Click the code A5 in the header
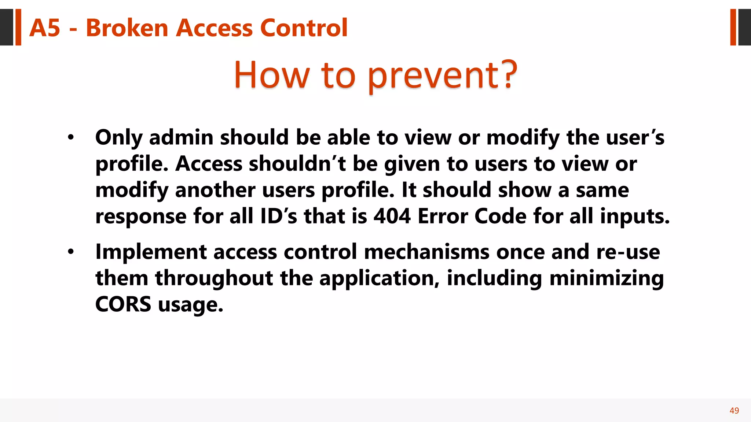tap(44, 28)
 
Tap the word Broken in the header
tap(127, 28)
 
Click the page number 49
tap(734, 411)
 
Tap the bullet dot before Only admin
tap(71, 138)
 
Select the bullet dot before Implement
tap(71, 252)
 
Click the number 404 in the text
tap(392, 216)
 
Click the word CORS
tap(123, 304)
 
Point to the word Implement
tap(151, 252)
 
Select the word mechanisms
tap(426, 252)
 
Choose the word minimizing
tap(607, 278)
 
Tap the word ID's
tap(278, 216)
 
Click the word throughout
tap(214, 278)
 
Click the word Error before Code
tap(443, 216)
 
